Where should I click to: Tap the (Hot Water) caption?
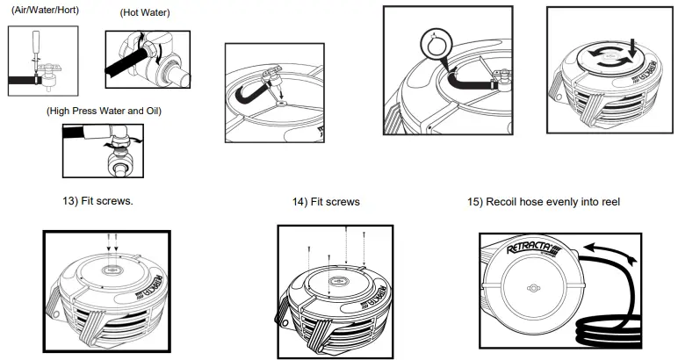145,14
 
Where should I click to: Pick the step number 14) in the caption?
301,202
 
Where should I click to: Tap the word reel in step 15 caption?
609,202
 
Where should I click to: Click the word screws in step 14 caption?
343,202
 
